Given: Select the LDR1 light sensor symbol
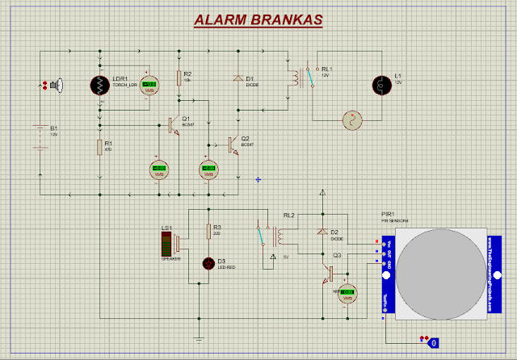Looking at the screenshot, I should (101, 86).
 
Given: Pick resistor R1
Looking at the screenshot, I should (99, 147).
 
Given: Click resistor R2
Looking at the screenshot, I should (179, 77).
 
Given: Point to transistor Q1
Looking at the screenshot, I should (172, 125).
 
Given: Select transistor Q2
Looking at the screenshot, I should (233, 144).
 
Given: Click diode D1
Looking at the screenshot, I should (237, 79).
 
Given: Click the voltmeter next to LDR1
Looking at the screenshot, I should (148, 86).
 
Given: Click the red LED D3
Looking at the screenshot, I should (210, 263).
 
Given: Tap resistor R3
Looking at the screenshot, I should (208, 231).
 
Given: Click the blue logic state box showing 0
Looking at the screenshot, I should (433, 342).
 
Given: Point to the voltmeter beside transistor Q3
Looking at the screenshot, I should (348, 294).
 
